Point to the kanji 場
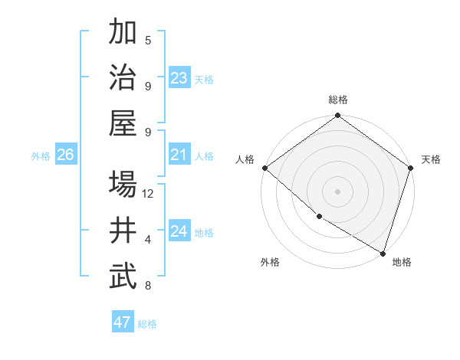pyautogui.click(x=123, y=185)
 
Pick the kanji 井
pyautogui.click(x=123, y=231)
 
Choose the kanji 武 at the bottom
pyautogui.click(x=123, y=277)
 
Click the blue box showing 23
pyautogui.click(x=179, y=78)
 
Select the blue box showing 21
pyautogui.click(x=179, y=155)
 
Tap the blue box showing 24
pyautogui.click(x=179, y=231)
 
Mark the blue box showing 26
pyautogui.click(x=66, y=155)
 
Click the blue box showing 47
pyautogui.click(x=123, y=322)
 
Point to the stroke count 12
pyautogui.click(x=149, y=194)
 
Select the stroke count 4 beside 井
pyautogui.click(x=148, y=240)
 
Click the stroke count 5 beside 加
pyautogui.click(x=148, y=40)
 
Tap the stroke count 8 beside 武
pyautogui.click(x=148, y=286)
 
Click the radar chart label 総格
pyautogui.click(x=337, y=100)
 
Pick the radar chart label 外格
pyautogui.click(x=269, y=262)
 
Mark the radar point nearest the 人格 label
pyautogui.click(x=264, y=168)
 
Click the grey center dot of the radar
pyautogui.click(x=337, y=191)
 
